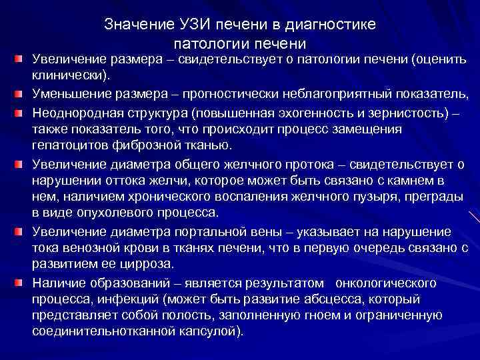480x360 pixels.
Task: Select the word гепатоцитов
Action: click(73, 145)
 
